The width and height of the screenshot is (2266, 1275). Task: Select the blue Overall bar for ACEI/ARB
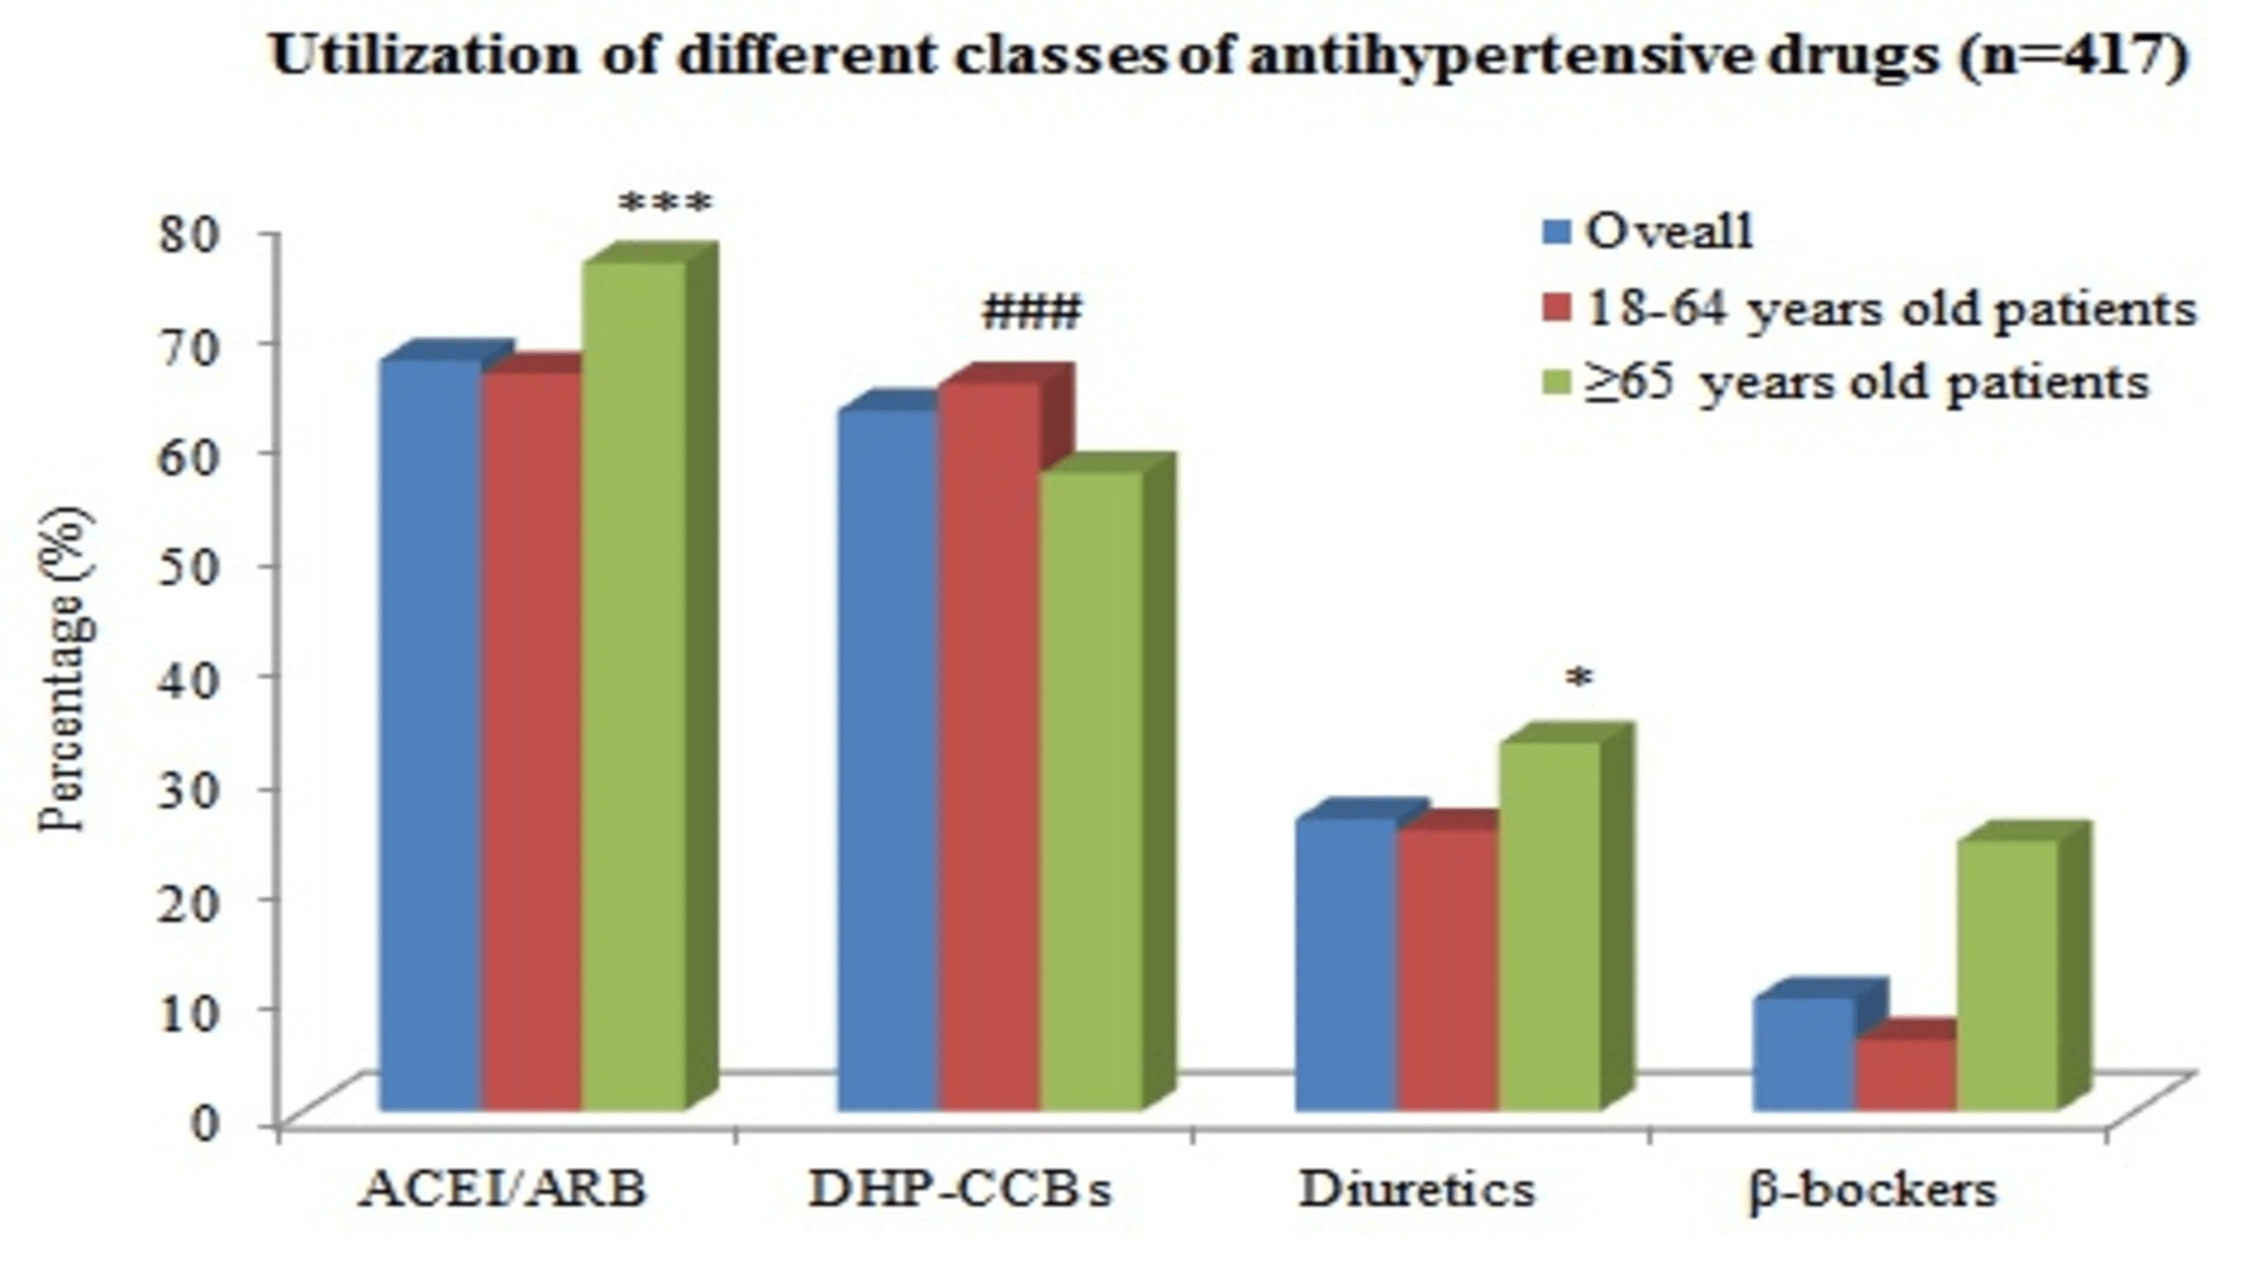click(429, 735)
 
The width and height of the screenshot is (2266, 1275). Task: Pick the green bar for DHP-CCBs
click(1091, 792)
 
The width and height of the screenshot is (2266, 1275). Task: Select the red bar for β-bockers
click(1906, 1073)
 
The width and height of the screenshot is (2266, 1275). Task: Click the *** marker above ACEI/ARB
click(665, 205)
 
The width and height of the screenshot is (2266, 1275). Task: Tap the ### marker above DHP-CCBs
click(1031, 313)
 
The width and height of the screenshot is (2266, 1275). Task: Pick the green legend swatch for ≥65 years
click(1557, 383)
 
